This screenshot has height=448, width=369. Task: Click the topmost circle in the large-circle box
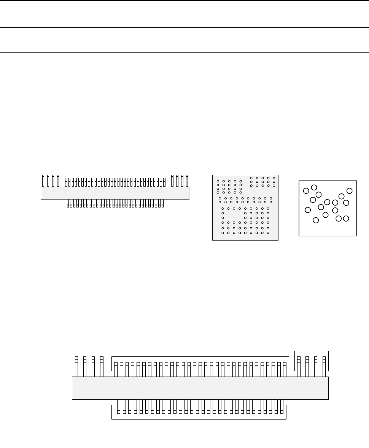pos(314,187)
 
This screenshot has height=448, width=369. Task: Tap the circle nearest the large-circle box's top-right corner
pos(350,190)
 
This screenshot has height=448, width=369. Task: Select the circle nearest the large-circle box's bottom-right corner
pos(346,218)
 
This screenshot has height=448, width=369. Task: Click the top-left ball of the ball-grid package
pos(218,181)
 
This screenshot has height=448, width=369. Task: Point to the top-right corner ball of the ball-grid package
pos(274,177)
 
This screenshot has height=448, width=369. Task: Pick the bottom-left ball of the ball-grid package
pos(223,232)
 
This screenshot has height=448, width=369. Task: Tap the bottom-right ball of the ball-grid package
pos(268,232)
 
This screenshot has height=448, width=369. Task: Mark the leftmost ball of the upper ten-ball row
pos(220,198)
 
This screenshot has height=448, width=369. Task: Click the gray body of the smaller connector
pos(115,193)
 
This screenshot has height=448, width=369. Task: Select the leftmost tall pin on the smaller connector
pos(43,180)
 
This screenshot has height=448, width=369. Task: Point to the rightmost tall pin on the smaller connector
pos(187,180)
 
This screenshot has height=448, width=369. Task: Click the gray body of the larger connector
pos(200,388)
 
